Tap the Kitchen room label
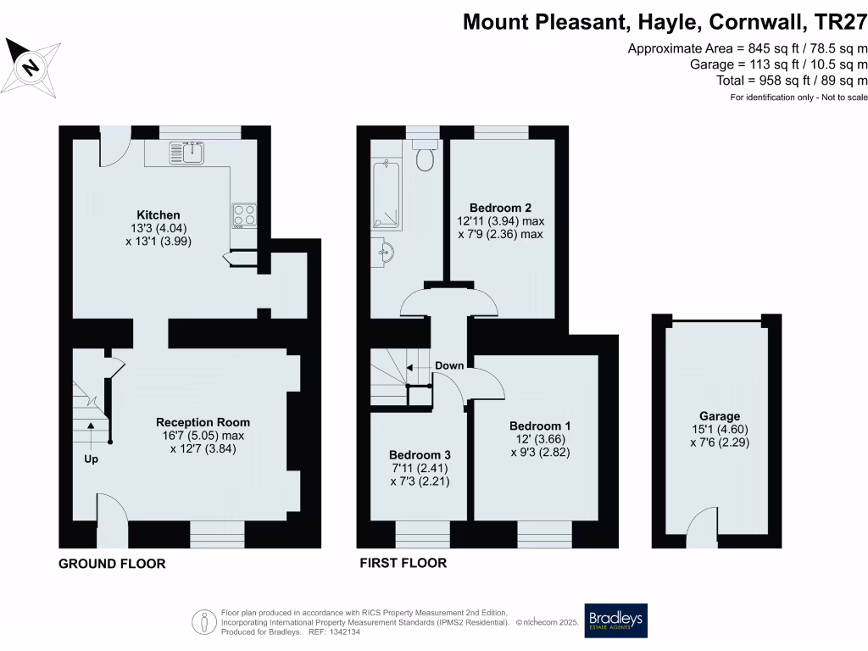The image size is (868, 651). pos(159,214)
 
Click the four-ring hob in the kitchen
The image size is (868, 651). pos(244,215)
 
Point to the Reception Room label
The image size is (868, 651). pos(203,422)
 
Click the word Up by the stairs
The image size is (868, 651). pos(90,459)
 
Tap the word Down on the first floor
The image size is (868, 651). pos(449,366)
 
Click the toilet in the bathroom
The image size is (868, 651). pos(424,157)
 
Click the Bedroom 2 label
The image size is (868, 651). pos(500,208)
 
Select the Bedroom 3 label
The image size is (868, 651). pos(419,454)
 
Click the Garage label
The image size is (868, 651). pos(720,416)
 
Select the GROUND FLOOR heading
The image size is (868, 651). pos(112,564)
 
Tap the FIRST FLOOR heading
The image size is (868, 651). pos(403,563)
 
